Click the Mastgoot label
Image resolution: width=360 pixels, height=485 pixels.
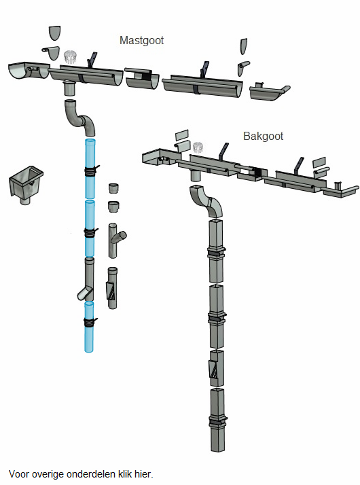pyautogui.click(x=141, y=41)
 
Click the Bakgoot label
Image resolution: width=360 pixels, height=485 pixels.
pyautogui.click(x=263, y=136)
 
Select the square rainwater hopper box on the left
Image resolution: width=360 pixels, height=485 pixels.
pyautogui.click(x=26, y=184)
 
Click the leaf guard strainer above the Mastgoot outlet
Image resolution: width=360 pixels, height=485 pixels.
pyautogui.click(x=70, y=57)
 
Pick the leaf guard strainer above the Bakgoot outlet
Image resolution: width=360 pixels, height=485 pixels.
pyautogui.click(x=198, y=147)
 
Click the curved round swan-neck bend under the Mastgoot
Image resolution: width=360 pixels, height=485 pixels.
pyautogui.click(x=79, y=118)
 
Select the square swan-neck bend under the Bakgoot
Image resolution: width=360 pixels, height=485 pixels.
pyautogui.click(x=206, y=201)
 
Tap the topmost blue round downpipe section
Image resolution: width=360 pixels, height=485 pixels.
pyautogui.click(x=90, y=168)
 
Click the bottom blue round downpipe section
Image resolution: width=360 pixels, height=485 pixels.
pyautogui.click(x=89, y=327)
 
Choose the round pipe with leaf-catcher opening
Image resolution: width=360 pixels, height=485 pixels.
pyautogui.click(x=112, y=287)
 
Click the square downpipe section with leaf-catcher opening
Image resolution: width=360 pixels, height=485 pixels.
pyautogui.click(x=217, y=368)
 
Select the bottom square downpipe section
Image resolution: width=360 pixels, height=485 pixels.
pyautogui.click(x=218, y=420)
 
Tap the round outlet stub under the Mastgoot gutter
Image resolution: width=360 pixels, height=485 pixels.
pyautogui.click(x=69, y=88)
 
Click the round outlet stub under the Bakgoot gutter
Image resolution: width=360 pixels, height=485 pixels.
pyautogui.click(x=196, y=175)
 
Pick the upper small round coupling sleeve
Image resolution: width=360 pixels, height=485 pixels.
pyautogui.click(x=114, y=188)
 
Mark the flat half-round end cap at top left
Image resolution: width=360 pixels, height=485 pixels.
pyautogui.click(x=55, y=33)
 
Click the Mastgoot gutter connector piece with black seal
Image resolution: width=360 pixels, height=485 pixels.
pyautogui.click(x=142, y=79)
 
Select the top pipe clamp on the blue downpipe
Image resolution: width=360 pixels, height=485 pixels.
pyautogui.click(x=90, y=171)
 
